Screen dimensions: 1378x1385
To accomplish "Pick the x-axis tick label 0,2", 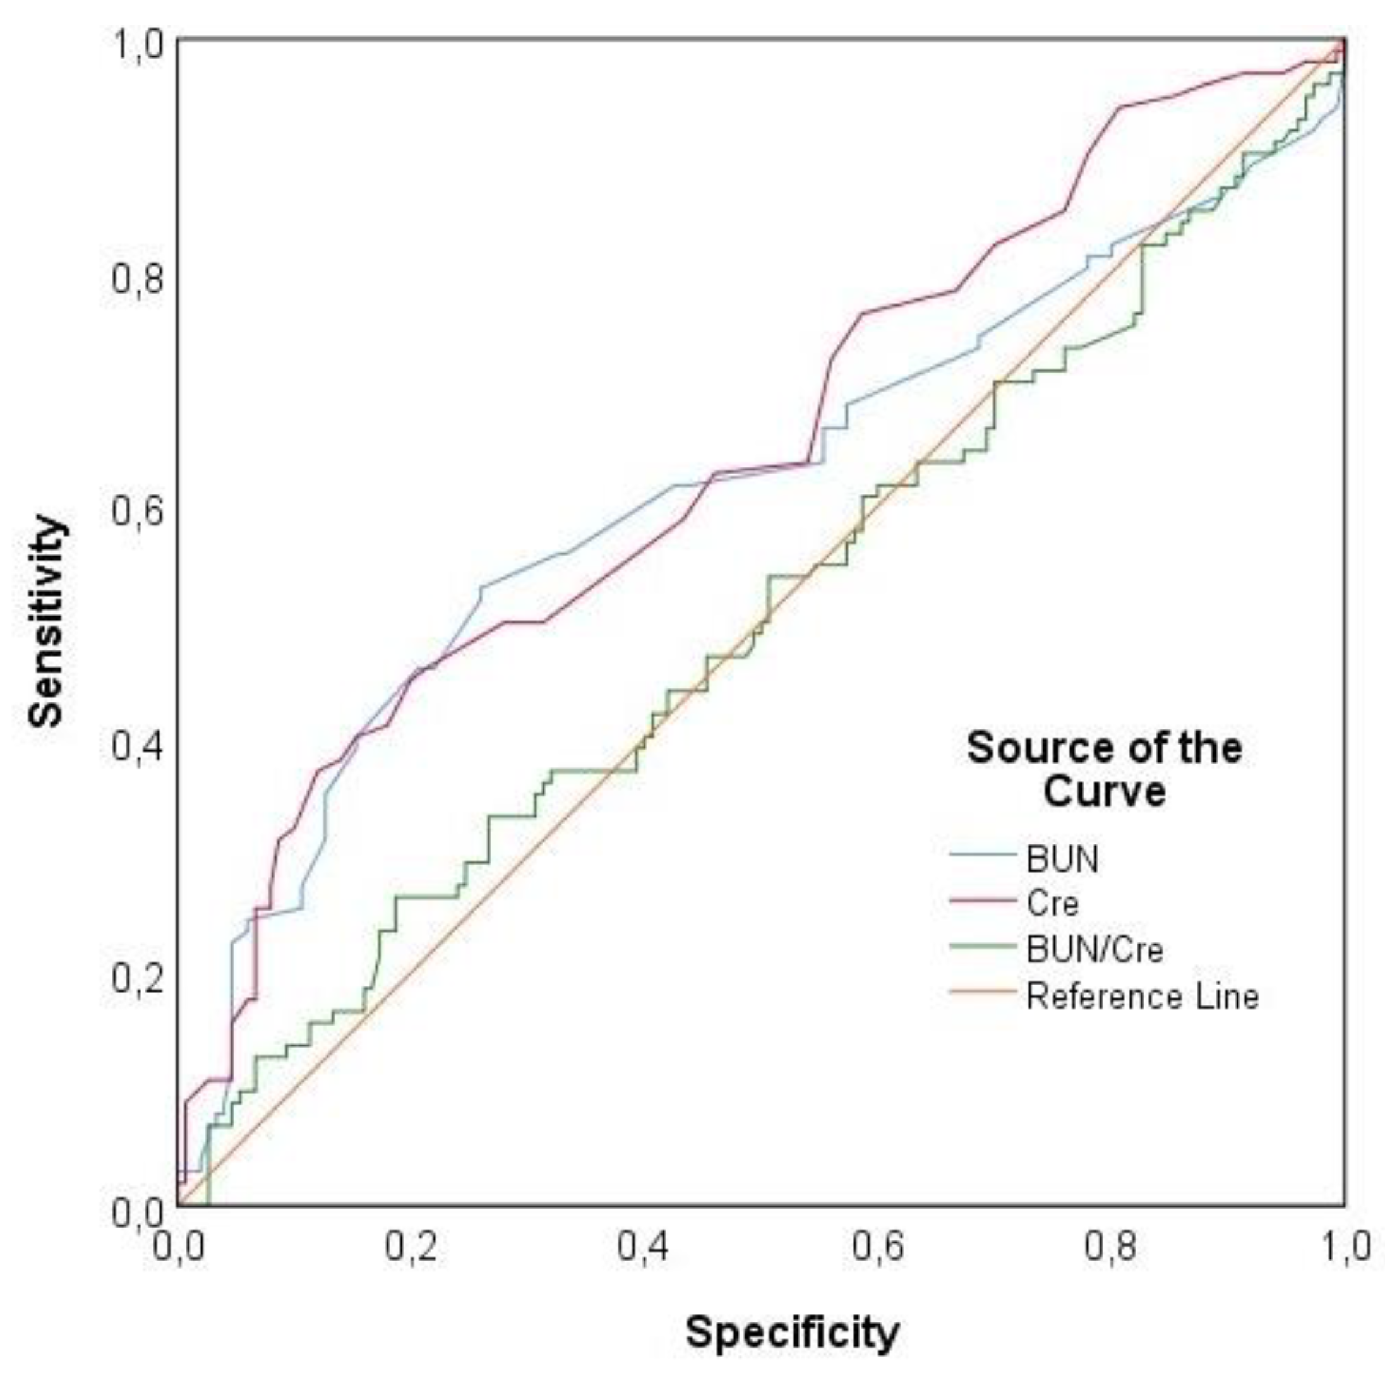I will click(411, 1247).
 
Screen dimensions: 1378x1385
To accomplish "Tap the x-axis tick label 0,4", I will click(644, 1247).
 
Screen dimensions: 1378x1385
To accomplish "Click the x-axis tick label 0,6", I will click(877, 1247).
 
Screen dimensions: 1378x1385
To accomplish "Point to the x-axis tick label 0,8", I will click(1110, 1247).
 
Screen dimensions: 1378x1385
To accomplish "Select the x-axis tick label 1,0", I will click(1343, 1247).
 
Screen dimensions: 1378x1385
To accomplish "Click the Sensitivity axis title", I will click(47, 621).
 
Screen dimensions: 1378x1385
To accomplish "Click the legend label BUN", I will click(1062, 859).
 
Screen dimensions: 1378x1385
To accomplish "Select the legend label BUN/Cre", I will click(1094, 950).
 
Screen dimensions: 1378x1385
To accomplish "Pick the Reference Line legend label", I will click(1142, 997).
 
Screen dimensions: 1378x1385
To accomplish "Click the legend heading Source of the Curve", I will click(1104, 770).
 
